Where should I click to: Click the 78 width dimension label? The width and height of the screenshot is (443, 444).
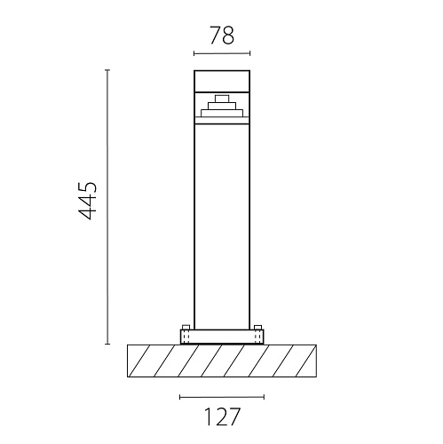click(222, 36)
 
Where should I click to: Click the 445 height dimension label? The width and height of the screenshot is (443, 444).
click(87, 201)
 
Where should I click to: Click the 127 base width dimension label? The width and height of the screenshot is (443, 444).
click(222, 416)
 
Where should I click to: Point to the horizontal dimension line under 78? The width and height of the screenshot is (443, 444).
click(222, 53)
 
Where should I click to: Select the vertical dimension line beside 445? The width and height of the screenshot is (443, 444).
click(107, 207)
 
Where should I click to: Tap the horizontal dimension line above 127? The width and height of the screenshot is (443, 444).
click(222, 397)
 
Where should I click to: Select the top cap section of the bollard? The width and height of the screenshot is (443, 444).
click(222, 81)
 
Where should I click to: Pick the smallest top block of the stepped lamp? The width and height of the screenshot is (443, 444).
click(222, 99)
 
